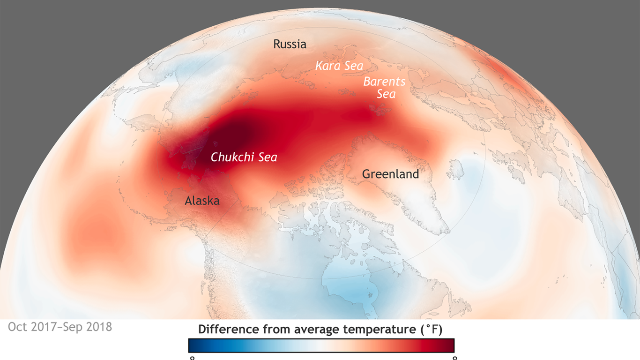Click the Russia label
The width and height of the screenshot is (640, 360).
click(290, 45)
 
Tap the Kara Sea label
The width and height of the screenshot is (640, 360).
click(339, 66)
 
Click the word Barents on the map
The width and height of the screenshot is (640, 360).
click(384, 82)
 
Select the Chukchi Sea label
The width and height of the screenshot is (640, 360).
click(244, 157)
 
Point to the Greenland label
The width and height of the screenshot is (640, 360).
click(390, 174)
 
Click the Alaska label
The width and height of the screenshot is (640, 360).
click(202, 201)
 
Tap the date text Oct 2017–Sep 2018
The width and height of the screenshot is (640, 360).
click(60, 327)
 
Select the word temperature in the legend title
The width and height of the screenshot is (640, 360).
click(379, 330)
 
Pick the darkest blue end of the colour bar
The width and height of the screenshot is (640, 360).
click(192, 345)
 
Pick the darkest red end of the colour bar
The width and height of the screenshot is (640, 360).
click(451, 345)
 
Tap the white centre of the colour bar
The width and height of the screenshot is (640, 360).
click(321, 345)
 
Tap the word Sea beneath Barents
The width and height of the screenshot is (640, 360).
click(386, 94)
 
